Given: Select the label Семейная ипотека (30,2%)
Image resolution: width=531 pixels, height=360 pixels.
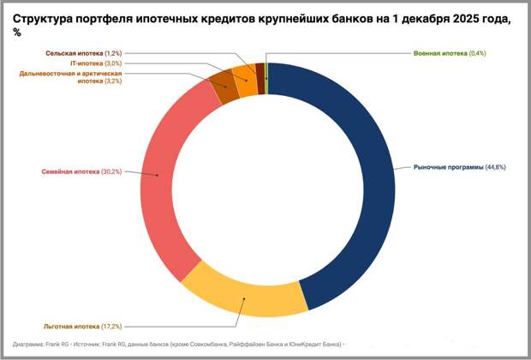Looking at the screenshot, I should [82, 172].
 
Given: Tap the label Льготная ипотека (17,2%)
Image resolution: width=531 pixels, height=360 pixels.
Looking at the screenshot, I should [82, 326].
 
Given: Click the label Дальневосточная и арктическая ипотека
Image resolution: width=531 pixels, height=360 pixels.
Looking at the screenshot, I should [74, 78].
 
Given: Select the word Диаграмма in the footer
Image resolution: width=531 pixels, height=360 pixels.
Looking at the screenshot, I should [28, 344].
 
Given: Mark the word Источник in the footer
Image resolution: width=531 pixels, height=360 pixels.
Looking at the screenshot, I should [87, 344].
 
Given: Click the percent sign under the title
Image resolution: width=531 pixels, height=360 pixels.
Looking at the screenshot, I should [17, 32].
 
